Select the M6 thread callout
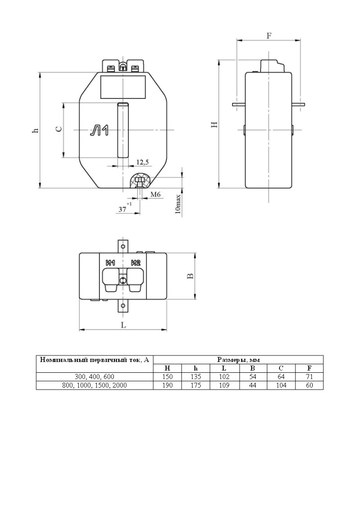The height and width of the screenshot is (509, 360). click(155, 194)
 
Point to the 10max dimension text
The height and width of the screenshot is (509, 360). click(179, 204)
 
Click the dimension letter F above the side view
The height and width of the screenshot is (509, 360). click(269, 36)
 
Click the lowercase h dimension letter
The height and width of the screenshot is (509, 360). click(35, 131)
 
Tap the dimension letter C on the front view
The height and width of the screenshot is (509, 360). click(59, 129)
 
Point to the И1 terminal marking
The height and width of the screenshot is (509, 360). click(110, 263)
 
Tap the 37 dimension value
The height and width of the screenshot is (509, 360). click(122, 210)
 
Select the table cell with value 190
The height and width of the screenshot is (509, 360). click(168, 385)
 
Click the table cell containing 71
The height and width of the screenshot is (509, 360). click(309, 377)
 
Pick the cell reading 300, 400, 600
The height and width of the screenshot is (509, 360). click(94, 377)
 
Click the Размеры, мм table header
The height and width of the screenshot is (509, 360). click(239, 359)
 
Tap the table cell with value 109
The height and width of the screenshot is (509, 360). click(224, 385)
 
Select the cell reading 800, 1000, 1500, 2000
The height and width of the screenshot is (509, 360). click(94, 385)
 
